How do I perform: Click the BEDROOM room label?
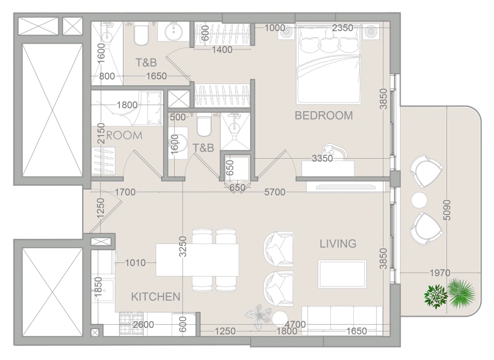(x=324, y=115)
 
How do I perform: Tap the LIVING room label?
(x=338, y=244)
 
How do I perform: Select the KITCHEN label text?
(x=156, y=297)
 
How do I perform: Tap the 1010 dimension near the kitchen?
(x=135, y=263)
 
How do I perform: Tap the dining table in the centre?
(x=197, y=260)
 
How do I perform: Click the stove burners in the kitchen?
(x=130, y=322)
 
